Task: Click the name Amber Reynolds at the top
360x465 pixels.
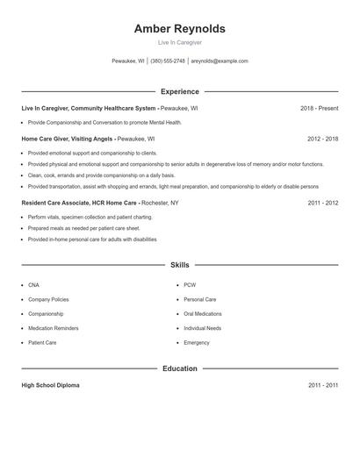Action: coord(179,29)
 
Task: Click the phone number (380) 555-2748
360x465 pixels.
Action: coord(167,61)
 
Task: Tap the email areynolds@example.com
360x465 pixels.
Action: coord(220,61)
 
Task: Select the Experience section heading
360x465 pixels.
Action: coord(179,91)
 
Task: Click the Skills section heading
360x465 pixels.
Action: coord(179,264)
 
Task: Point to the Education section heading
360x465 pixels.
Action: coord(179,368)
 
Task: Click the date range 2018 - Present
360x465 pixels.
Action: coord(319,108)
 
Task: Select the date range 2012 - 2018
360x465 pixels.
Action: coord(322,139)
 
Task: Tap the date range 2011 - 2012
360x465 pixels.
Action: coord(322,203)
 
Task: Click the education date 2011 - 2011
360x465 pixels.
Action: coord(322,385)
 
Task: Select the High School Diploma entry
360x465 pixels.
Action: coord(50,385)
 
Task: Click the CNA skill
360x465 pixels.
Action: coord(33,285)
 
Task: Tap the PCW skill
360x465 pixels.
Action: coord(190,285)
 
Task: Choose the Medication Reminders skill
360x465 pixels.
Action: coord(53,328)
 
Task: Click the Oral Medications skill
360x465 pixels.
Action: coord(202,314)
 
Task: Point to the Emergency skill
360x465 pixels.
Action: coord(197,342)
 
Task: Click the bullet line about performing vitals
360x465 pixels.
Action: coord(77,217)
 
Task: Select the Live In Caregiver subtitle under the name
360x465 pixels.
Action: coord(179,42)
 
